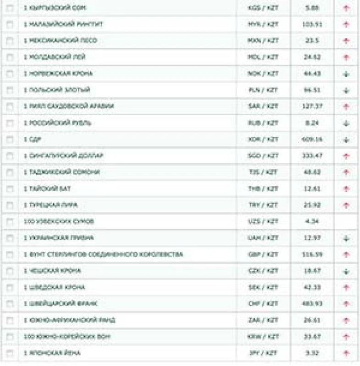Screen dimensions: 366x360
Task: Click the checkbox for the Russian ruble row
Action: pyautogui.click(x=10, y=123)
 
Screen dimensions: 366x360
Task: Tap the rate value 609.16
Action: pyautogui.click(x=312, y=140)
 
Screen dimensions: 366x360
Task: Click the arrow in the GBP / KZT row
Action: pyautogui.click(x=346, y=255)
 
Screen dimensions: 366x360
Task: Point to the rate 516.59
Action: pyautogui.click(x=312, y=254)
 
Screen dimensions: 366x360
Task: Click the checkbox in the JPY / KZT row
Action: pyautogui.click(x=10, y=354)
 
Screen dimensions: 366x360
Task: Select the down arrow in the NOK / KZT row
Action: pyautogui.click(x=346, y=74)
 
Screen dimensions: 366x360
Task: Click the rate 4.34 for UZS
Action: pyautogui.click(x=312, y=221)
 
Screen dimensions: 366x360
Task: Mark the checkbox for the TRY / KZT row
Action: pyautogui.click(x=10, y=205)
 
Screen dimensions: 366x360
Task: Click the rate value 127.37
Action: pyautogui.click(x=312, y=107)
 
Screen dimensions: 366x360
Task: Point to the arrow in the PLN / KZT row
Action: pyautogui.click(x=346, y=90)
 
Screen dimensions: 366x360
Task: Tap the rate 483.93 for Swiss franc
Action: pyautogui.click(x=312, y=304)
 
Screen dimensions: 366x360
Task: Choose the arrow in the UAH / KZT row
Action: pyautogui.click(x=346, y=238)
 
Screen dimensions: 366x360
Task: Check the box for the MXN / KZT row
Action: pyautogui.click(x=10, y=41)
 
